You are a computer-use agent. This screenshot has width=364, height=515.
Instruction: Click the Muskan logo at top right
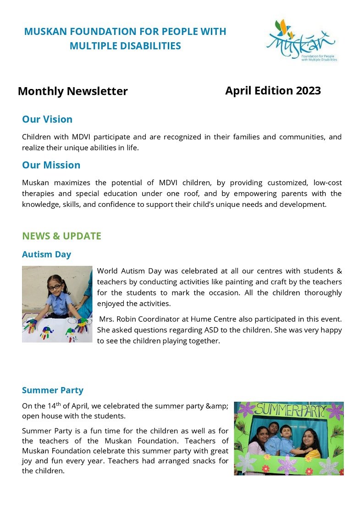301,41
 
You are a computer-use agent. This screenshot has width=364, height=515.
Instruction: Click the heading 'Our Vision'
47,119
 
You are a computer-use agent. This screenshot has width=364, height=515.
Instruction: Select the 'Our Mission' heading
51,165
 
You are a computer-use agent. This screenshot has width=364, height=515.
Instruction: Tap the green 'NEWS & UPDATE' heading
61,236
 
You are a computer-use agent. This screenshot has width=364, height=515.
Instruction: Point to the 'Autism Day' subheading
46,254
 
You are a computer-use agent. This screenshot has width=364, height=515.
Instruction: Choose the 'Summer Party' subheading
52,390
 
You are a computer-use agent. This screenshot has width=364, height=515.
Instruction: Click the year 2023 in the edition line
308,90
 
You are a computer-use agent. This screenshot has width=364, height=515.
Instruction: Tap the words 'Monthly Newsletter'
72,91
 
